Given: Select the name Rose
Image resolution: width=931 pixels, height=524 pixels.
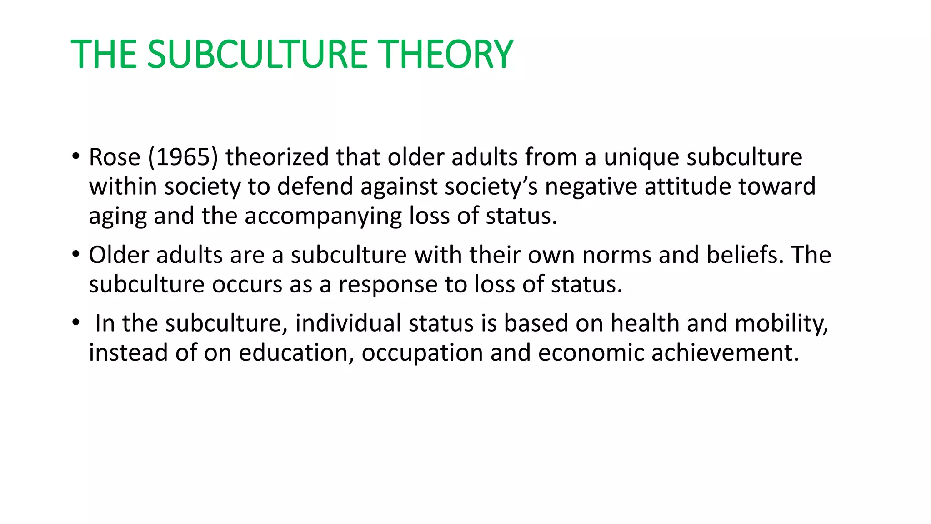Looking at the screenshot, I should [115, 157].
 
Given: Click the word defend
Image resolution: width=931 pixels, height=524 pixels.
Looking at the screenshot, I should [315, 186].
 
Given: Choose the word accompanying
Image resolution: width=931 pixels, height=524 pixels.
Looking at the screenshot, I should [323, 217].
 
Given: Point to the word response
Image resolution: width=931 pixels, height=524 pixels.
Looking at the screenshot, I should [388, 285].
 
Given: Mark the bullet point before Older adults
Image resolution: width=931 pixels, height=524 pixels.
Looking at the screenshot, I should [75, 254].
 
